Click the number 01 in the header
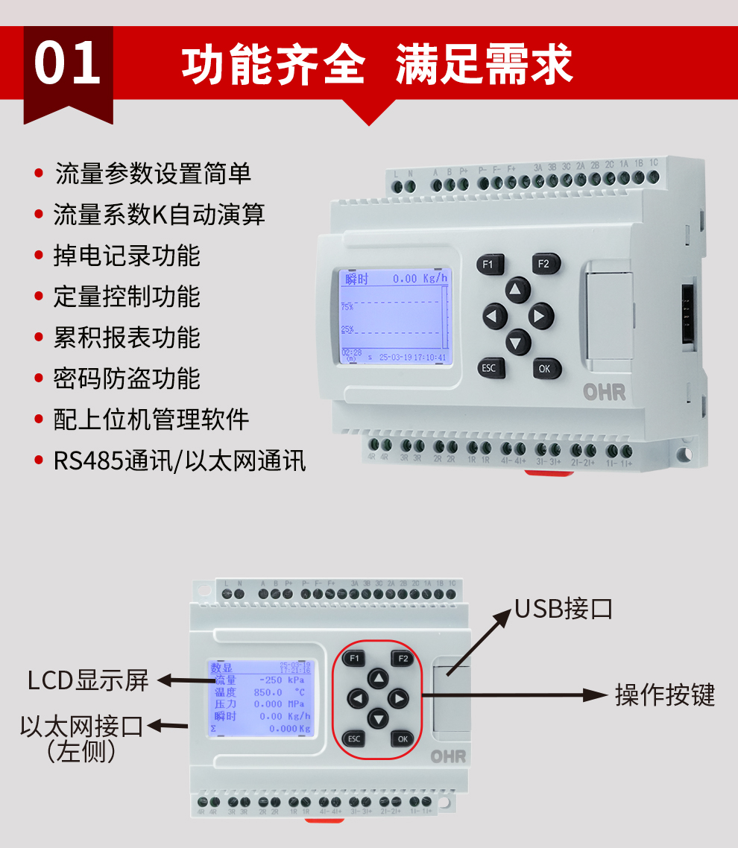[x=67, y=64]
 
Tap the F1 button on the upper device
[x=489, y=264]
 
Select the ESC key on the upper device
[x=489, y=368]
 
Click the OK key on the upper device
[x=545, y=368]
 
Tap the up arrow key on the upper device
[x=517, y=290]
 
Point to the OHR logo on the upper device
[x=604, y=393]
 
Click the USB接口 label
[x=564, y=609]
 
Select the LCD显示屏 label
[x=88, y=680]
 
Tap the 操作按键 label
[x=665, y=694]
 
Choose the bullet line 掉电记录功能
[x=127, y=256]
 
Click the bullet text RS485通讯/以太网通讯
[x=179, y=460]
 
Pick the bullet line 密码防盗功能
[x=127, y=379]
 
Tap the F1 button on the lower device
[x=355, y=658]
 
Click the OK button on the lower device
[x=403, y=738]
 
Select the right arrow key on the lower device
[x=400, y=699]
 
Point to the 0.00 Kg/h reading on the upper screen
[x=420, y=279]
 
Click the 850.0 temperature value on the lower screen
[x=268, y=692]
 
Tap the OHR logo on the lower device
[x=448, y=756]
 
